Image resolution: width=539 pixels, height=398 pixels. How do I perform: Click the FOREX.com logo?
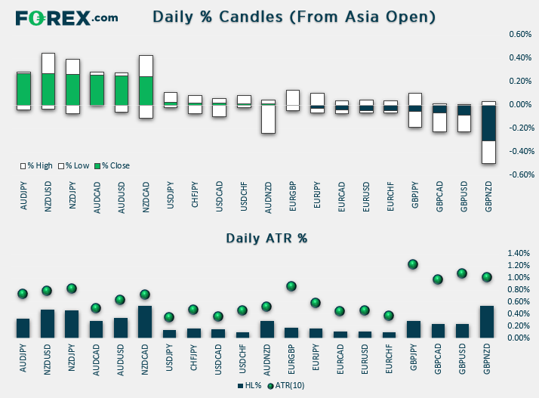pos(66,18)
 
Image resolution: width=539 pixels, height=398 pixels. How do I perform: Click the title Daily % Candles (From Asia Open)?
pos(294,17)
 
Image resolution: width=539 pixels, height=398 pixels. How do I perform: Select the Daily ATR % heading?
pos(266,238)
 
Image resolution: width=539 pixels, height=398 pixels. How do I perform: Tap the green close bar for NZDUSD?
pos(48,89)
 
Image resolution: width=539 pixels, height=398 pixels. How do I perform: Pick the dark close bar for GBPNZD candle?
pos(488,123)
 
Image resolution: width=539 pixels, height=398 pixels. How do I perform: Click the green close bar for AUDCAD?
pos(97,90)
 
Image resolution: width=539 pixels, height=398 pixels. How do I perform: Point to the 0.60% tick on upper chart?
pos(520,34)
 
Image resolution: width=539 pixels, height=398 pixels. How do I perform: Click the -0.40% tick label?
pos(522,151)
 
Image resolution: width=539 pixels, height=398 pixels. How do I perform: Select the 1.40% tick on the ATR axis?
pos(519,253)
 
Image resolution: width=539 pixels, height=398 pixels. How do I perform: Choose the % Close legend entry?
pos(112,166)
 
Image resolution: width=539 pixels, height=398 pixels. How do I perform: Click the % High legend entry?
pos(36,166)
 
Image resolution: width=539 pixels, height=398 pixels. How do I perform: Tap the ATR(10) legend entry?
pos(286,386)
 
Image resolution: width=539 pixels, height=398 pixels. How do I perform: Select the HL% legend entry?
pos(250,386)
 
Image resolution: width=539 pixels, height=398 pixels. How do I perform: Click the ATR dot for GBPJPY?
pos(413,264)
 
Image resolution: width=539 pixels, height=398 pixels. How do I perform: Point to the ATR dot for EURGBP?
pos(291,286)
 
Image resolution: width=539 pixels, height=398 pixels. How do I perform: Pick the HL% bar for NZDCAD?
pos(145,322)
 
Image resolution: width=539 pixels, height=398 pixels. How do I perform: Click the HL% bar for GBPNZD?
pos(487,322)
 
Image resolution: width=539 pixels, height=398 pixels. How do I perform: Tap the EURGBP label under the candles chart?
pos(293,196)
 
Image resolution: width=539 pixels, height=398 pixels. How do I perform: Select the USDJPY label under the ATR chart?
pos(169,358)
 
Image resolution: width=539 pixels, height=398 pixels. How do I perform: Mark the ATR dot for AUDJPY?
pos(23,294)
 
